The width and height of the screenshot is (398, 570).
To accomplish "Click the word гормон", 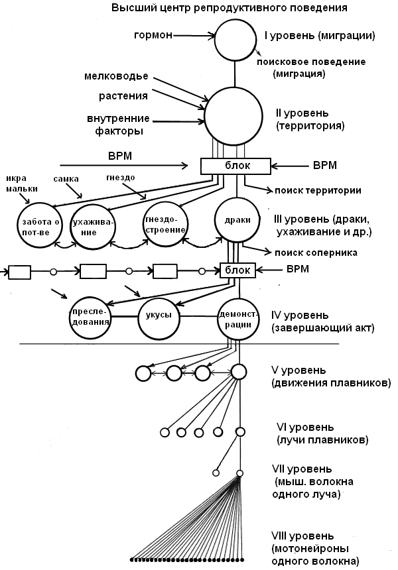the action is [153, 36].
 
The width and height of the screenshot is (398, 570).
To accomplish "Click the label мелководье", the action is [117, 76].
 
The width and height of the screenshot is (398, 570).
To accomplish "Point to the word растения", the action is [123, 96].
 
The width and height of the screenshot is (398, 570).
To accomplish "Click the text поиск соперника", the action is [316, 253].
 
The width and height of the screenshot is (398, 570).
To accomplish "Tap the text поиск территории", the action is [318, 190].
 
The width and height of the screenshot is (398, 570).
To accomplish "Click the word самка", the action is [66, 179].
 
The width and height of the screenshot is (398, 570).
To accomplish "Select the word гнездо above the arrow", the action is [121, 178].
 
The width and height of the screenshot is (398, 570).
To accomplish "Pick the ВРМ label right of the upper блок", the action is [325, 166].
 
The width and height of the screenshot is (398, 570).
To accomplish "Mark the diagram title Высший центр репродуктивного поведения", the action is [230, 8].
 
